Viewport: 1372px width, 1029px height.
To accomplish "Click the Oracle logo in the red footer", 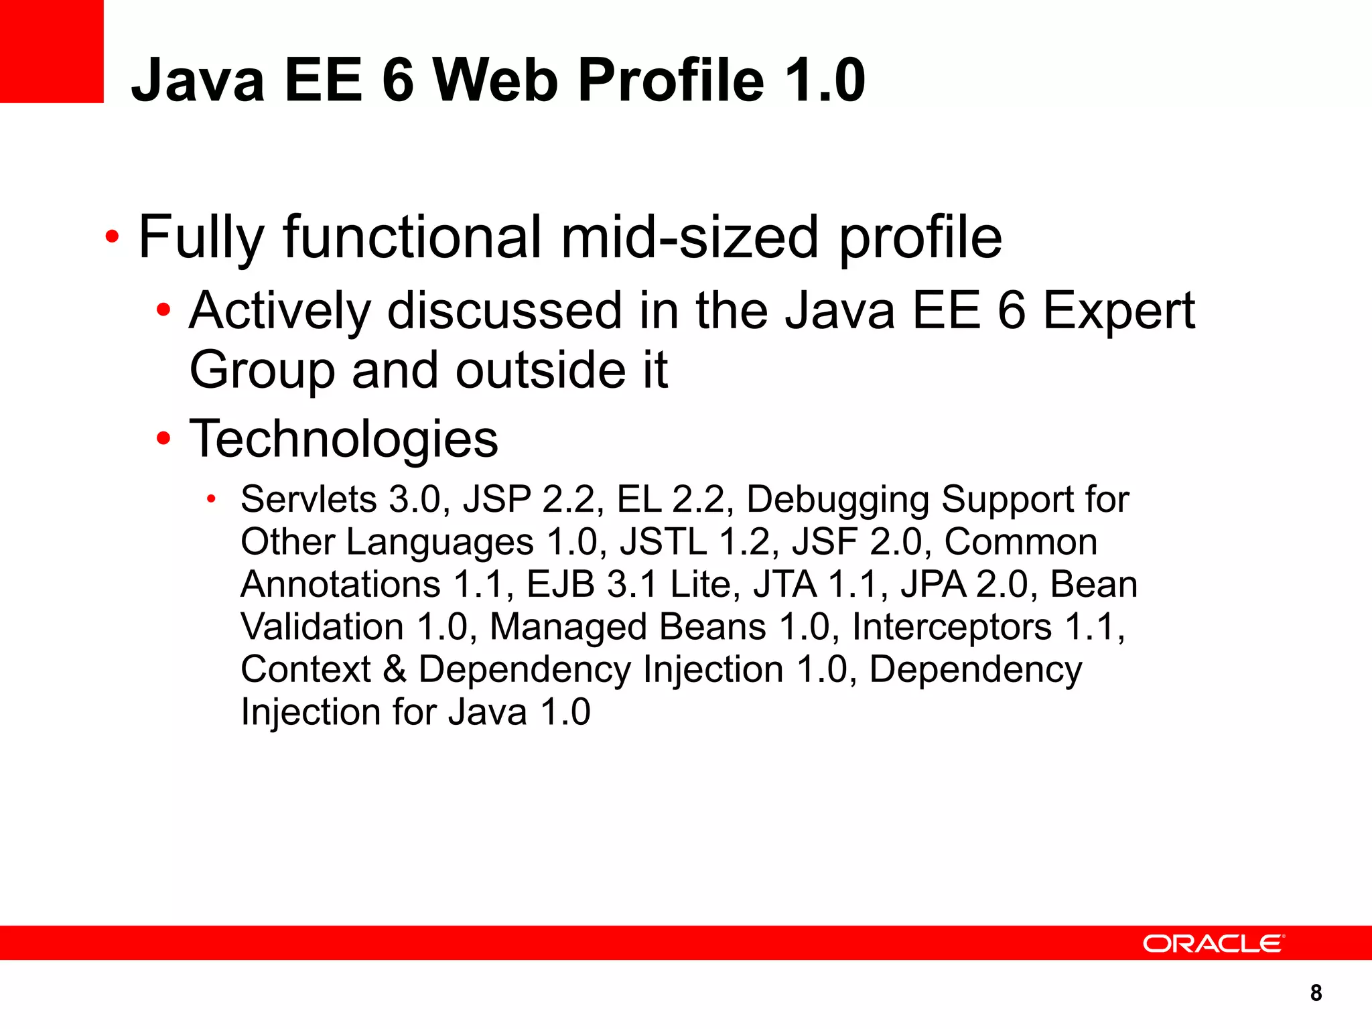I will (1213, 943).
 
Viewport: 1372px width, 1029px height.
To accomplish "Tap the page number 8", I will (1316, 993).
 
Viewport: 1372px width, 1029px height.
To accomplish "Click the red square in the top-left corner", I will (52, 51).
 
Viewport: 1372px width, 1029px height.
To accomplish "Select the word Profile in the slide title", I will (671, 80).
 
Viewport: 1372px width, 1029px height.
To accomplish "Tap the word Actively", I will (279, 312).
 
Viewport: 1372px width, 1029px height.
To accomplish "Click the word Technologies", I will (344, 439).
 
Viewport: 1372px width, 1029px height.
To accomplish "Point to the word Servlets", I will (309, 499).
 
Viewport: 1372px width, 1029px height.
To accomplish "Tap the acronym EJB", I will (561, 584).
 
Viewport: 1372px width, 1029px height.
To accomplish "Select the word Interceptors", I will (952, 627).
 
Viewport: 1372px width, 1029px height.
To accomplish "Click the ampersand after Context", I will (395, 669).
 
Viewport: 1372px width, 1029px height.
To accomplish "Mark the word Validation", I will (322, 627).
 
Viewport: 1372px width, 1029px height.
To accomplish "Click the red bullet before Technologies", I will (163, 439).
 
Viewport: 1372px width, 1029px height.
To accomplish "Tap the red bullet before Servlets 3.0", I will (212, 499).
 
